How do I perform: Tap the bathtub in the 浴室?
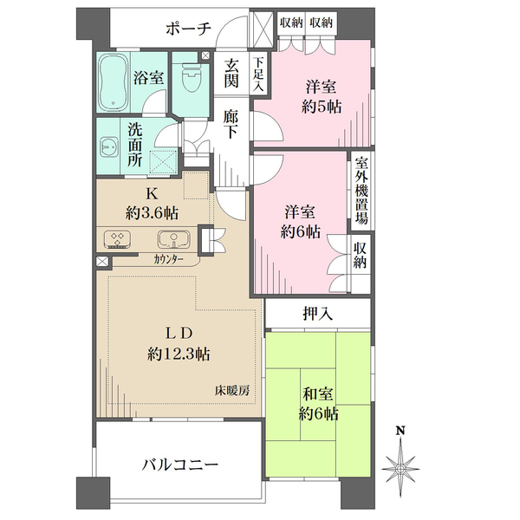pos(114,81)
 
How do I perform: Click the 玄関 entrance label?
pos(231,74)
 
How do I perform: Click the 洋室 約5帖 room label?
pos(322,96)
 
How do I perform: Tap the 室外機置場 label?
pos(361,191)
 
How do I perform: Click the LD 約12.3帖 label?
pos(179,343)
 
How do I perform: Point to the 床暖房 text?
pos(232,390)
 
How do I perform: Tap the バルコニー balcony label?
pos(179,465)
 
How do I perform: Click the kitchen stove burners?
pos(117,239)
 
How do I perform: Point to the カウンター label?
pos(170,258)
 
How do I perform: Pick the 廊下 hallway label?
pos(231,123)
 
